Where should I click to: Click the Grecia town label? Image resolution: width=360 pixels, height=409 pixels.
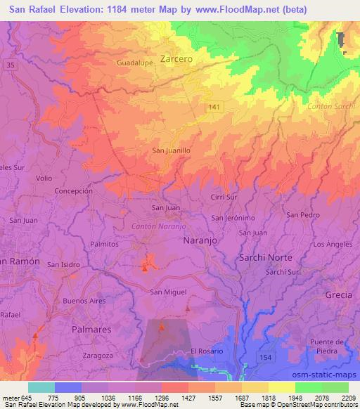(338, 294)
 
